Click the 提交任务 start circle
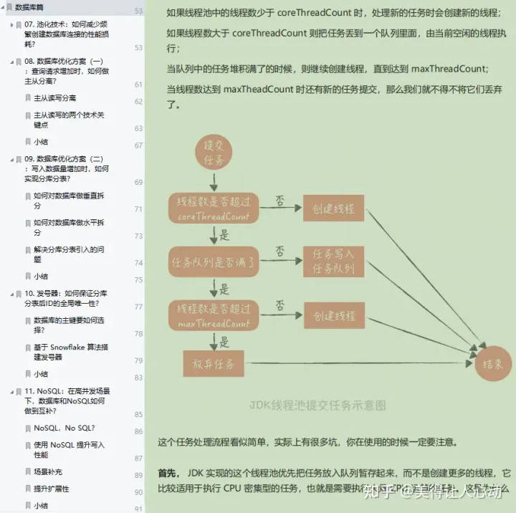(214, 150)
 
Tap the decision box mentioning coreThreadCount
(214, 208)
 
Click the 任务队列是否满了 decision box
(214, 262)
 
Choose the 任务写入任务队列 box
(333, 262)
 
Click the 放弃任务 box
(214, 364)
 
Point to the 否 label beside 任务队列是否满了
(279, 251)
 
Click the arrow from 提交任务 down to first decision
(214, 181)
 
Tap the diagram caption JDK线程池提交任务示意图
(318, 405)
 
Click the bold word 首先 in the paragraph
(168, 474)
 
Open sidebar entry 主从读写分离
(55, 97)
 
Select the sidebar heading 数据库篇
(29, 7)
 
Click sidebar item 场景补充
(48, 471)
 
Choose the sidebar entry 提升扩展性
(52, 489)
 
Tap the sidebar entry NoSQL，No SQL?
(64, 428)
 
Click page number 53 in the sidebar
(138, 11)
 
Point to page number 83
(138, 378)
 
